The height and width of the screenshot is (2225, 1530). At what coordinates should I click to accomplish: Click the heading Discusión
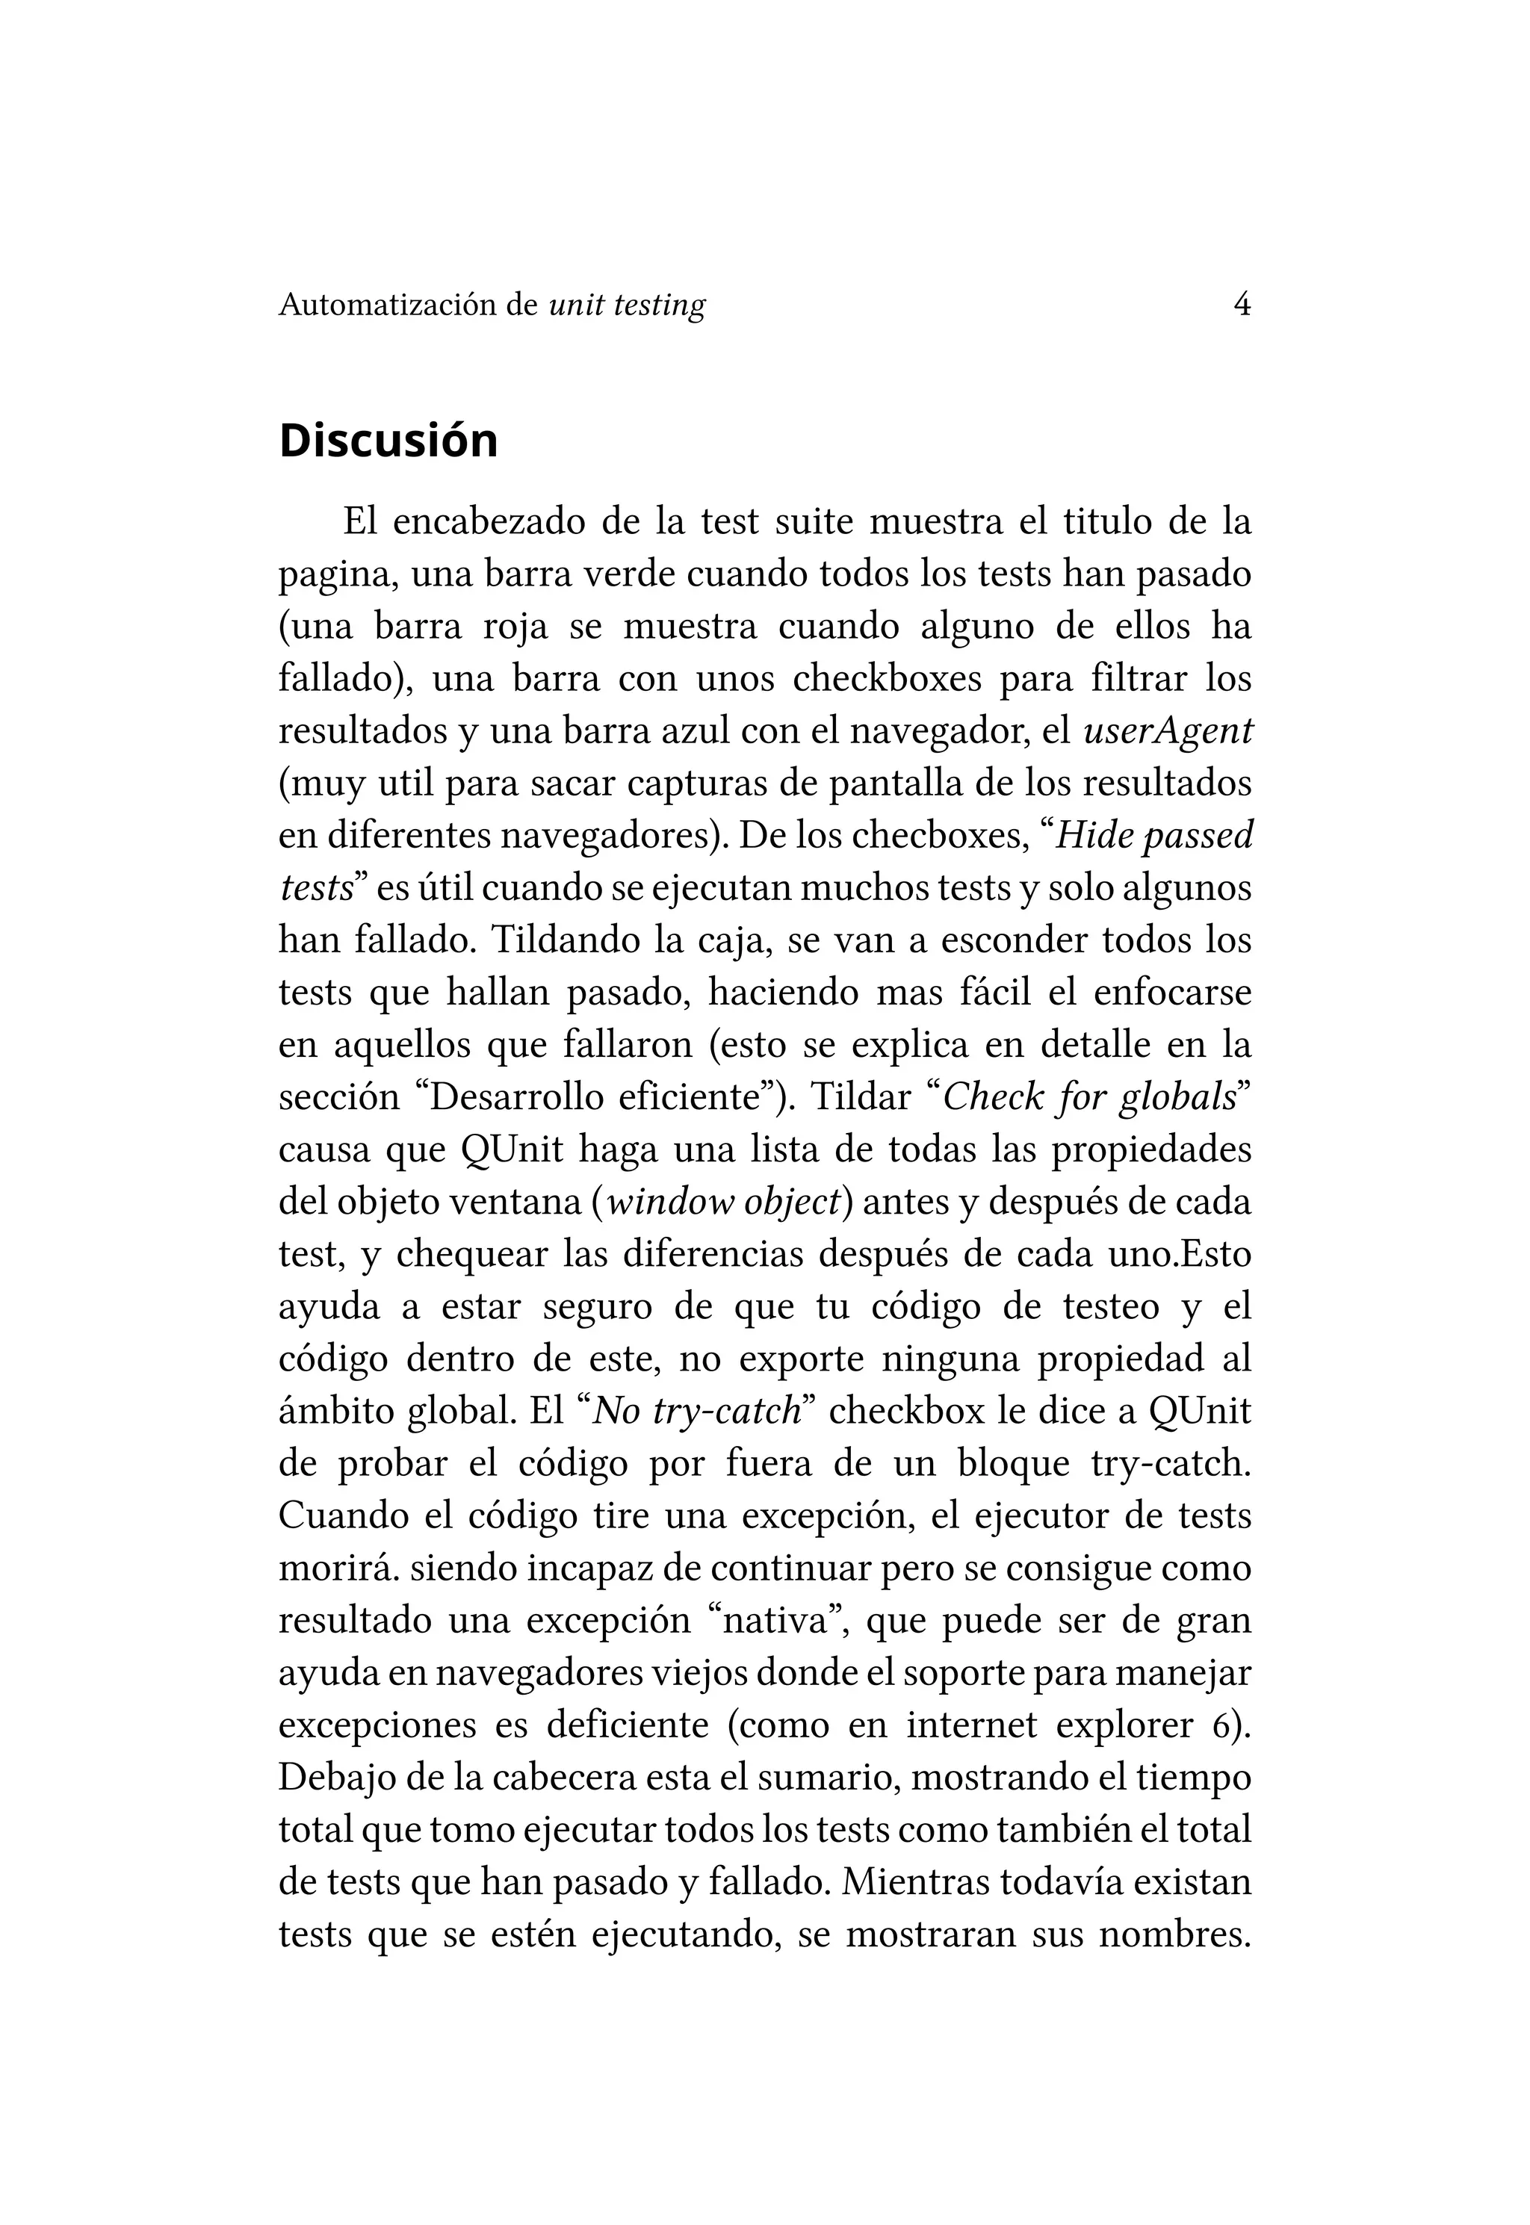pyautogui.click(x=388, y=441)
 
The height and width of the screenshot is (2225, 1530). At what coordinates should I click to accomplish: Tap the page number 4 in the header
pyautogui.click(x=1242, y=305)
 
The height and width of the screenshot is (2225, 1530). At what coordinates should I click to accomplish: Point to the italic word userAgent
pyautogui.click(x=1168, y=731)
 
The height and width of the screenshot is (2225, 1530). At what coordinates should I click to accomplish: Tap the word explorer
pyautogui.click(x=1130, y=1725)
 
